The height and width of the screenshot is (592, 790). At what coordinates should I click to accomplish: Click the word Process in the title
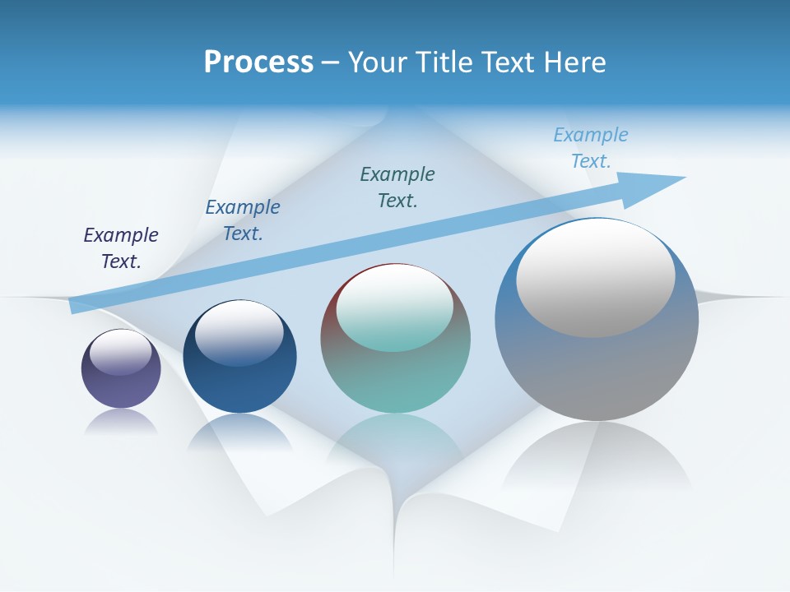[x=258, y=62]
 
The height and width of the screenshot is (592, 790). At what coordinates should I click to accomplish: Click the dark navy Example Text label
[x=121, y=247]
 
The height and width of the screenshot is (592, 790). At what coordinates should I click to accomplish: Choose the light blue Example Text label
[x=591, y=147]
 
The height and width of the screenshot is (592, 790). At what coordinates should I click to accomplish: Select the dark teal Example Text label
[x=397, y=187]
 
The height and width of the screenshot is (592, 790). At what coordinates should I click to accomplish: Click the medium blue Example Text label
[x=243, y=220]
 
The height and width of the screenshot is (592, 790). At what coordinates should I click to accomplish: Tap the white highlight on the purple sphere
[x=121, y=352]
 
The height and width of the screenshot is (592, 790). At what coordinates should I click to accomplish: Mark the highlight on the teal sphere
[x=394, y=308]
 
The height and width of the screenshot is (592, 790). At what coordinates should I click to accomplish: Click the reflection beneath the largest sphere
[x=597, y=460]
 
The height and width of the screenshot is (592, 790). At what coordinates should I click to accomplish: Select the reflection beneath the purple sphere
[x=121, y=421]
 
